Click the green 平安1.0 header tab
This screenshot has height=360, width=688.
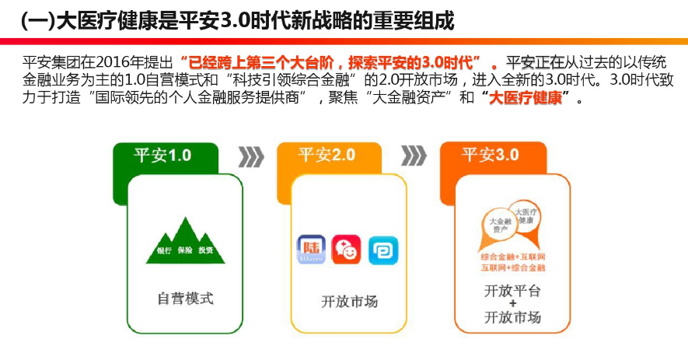[x=163, y=154]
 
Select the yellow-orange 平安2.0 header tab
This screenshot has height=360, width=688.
[x=327, y=154]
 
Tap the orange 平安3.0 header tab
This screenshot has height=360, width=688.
[x=491, y=154]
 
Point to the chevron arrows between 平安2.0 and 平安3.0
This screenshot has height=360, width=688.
[x=413, y=156]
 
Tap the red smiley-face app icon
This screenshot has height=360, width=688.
[x=347, y=250]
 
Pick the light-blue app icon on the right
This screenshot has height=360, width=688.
[x=382, y=250]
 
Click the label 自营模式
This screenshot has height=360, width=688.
[x=185, y=297]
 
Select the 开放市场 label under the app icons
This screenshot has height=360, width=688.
[x=349, y=300]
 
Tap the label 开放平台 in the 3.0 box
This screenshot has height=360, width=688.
[x=512, y=290]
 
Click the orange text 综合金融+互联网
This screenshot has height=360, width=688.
[x=513, y=257]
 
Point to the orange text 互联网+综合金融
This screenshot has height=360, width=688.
[x=513, y=267]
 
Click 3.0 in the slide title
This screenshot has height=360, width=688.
[x=236, y=19]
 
